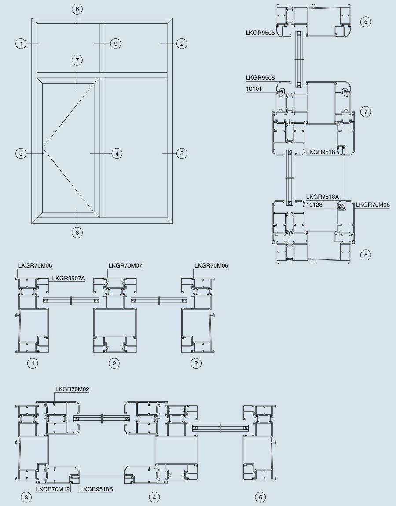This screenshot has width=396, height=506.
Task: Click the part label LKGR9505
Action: (260, 33)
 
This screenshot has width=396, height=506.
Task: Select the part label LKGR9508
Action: (260, 77)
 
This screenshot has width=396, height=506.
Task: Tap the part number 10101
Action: (254, 88)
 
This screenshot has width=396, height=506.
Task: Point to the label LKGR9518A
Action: (323, 197)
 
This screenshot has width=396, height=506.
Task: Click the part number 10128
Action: (314, 205)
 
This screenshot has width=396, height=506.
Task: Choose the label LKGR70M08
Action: (373, 205)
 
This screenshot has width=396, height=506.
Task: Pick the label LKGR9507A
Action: (69, 278)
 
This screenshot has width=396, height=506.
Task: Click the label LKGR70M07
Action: (125, 266)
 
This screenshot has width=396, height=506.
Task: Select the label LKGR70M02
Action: (72, 389)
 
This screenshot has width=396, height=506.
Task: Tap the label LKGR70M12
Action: (53, 489)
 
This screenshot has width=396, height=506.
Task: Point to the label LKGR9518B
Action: (96, 489)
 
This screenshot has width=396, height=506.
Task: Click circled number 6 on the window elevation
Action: (77, 9)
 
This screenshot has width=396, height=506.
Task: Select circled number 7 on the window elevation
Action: (77, 60)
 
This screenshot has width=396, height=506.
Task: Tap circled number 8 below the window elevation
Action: (77, 232)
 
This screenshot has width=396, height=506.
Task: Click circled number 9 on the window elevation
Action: (116, 44)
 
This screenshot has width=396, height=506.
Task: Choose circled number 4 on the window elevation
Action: (117, 154)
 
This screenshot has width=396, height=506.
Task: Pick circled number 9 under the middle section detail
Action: (114, 363)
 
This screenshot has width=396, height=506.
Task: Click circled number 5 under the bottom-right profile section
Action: (260, 497)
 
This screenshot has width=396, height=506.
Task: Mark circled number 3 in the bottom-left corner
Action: (26, 497)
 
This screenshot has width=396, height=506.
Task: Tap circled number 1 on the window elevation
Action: (21, 44)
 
